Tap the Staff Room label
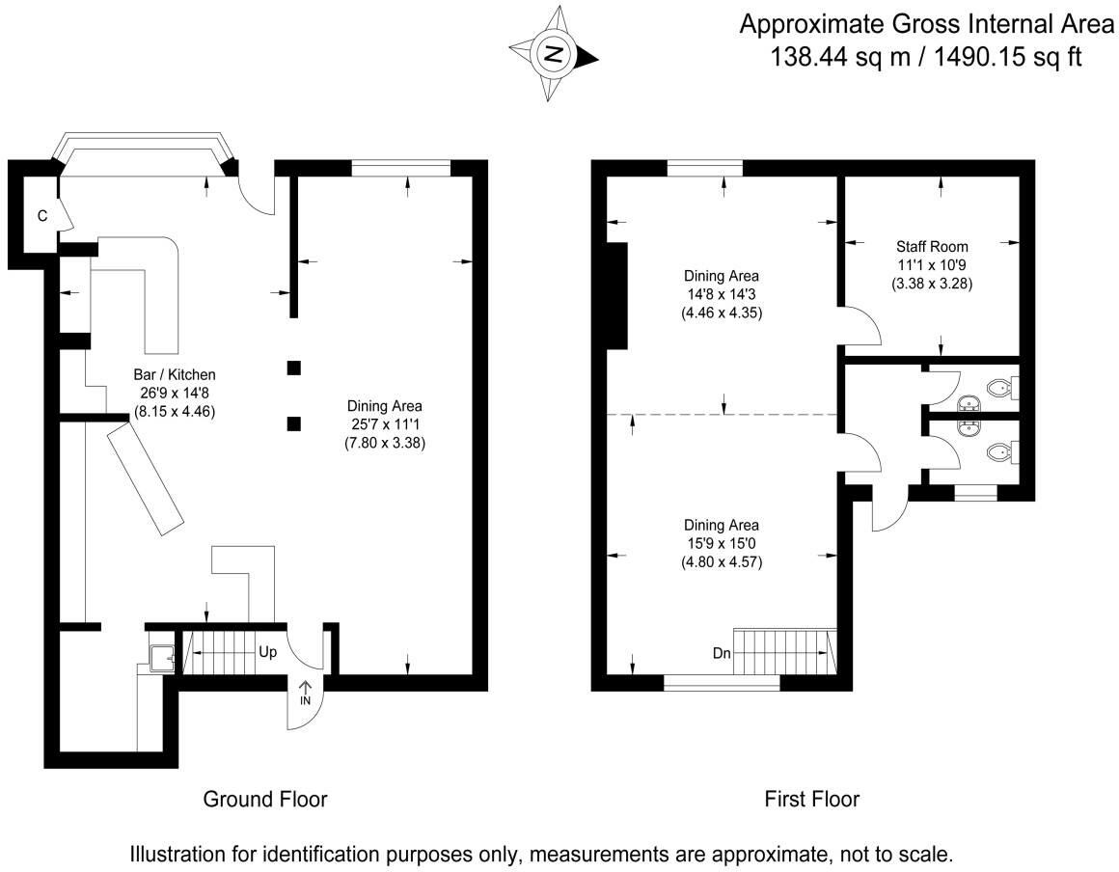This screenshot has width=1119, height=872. pos(931,246)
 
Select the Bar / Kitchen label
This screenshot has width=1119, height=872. pos(174,374)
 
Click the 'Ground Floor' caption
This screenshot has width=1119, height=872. pos(264,799)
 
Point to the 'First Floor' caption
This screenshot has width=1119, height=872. pos(811,799)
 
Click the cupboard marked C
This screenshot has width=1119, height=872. pos(41,216)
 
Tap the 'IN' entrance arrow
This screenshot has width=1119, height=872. pos(306,691)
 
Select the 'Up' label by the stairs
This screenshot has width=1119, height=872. pos(267,652)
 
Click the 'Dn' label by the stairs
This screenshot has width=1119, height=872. pos(722,653)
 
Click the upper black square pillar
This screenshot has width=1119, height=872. pos(294,368)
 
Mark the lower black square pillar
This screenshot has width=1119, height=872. pos(294,422)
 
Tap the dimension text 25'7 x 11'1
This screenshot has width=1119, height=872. pos(385,425)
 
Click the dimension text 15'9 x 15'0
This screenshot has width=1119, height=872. pos(722,544)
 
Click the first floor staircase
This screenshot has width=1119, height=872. pos(784,651)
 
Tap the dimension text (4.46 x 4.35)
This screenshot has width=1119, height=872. pos(722,313)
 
